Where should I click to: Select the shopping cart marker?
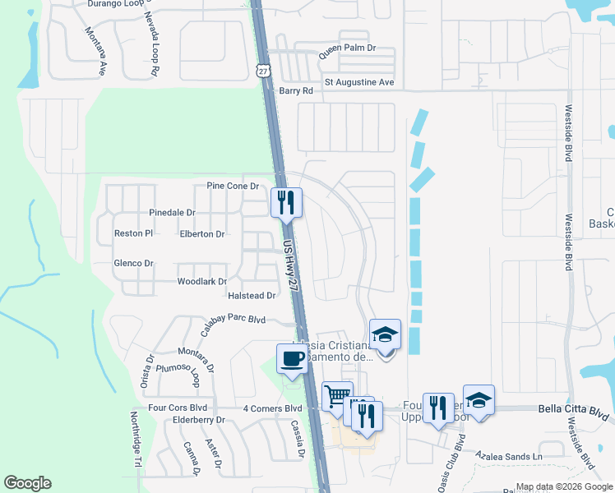point(337,397)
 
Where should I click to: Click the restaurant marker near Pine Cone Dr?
point(287,202)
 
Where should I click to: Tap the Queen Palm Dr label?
point(347,48)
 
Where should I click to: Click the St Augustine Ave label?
point(359,82)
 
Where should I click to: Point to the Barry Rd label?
point(296,91)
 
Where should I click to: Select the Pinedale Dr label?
point(172,212)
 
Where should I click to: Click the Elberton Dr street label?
point(201,234)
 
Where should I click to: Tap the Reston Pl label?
point(133,233)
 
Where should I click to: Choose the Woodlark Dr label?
point(201,282)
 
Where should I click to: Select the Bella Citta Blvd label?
point(573,408)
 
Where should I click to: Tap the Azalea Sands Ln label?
point(515,455)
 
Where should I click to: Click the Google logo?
point(27,483)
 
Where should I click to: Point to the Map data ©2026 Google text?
point(563,486)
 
